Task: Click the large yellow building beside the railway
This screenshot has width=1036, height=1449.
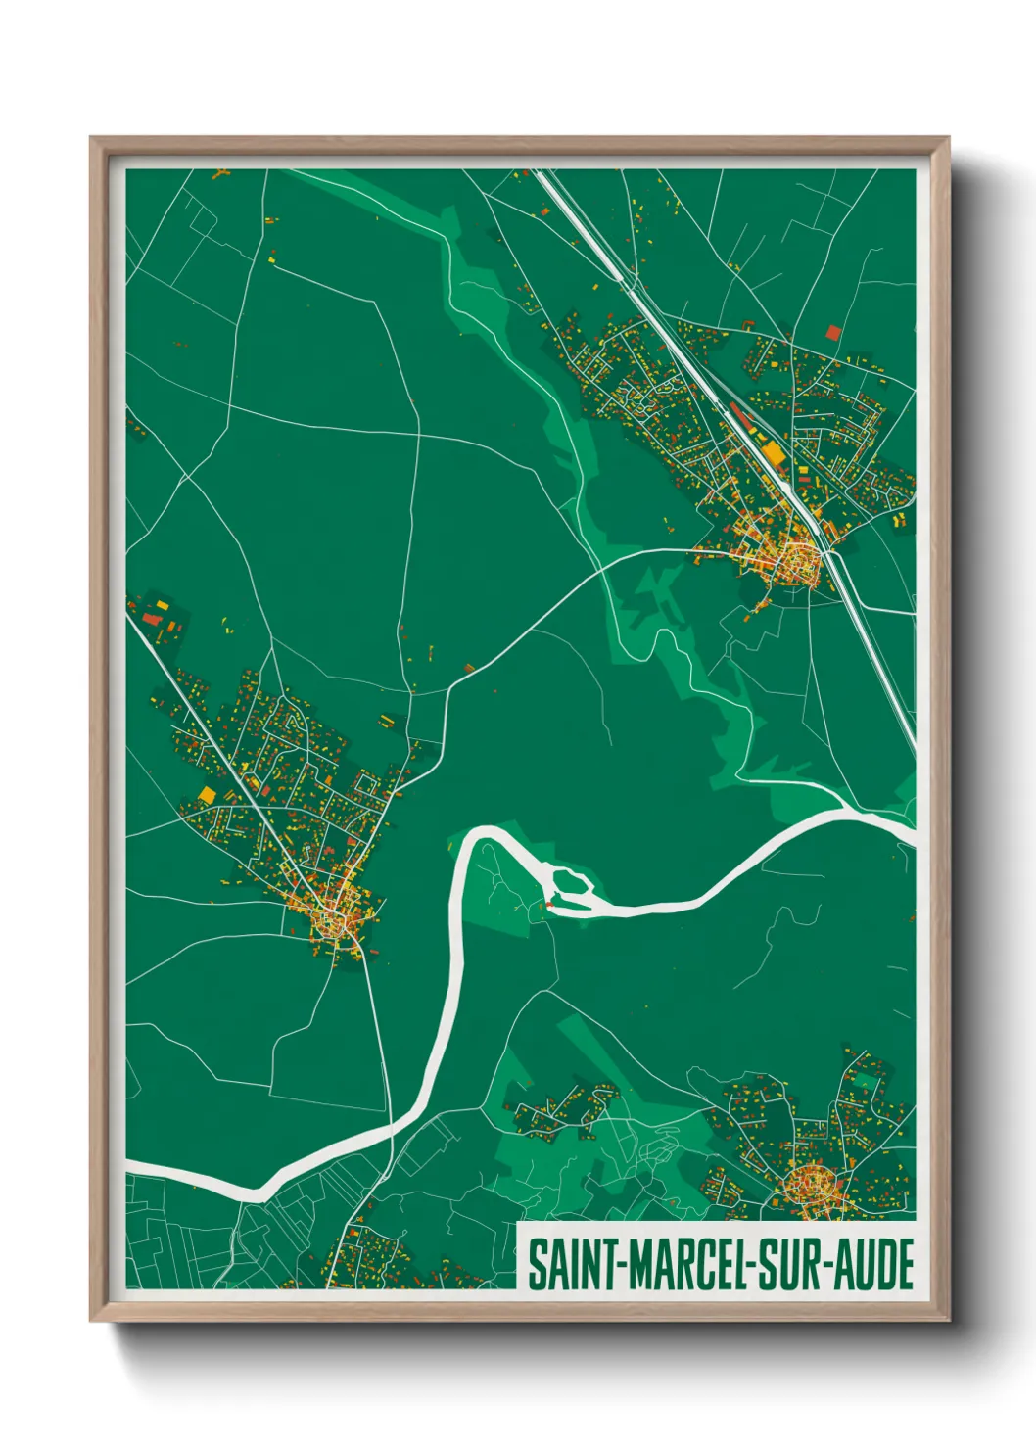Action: [774, 452]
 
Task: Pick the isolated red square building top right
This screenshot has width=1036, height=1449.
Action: [833, 332]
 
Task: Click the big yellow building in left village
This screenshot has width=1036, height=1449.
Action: [207, 794]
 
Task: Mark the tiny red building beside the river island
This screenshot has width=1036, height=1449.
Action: [548, 907]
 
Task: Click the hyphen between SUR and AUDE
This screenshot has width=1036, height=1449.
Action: [831, 1265]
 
